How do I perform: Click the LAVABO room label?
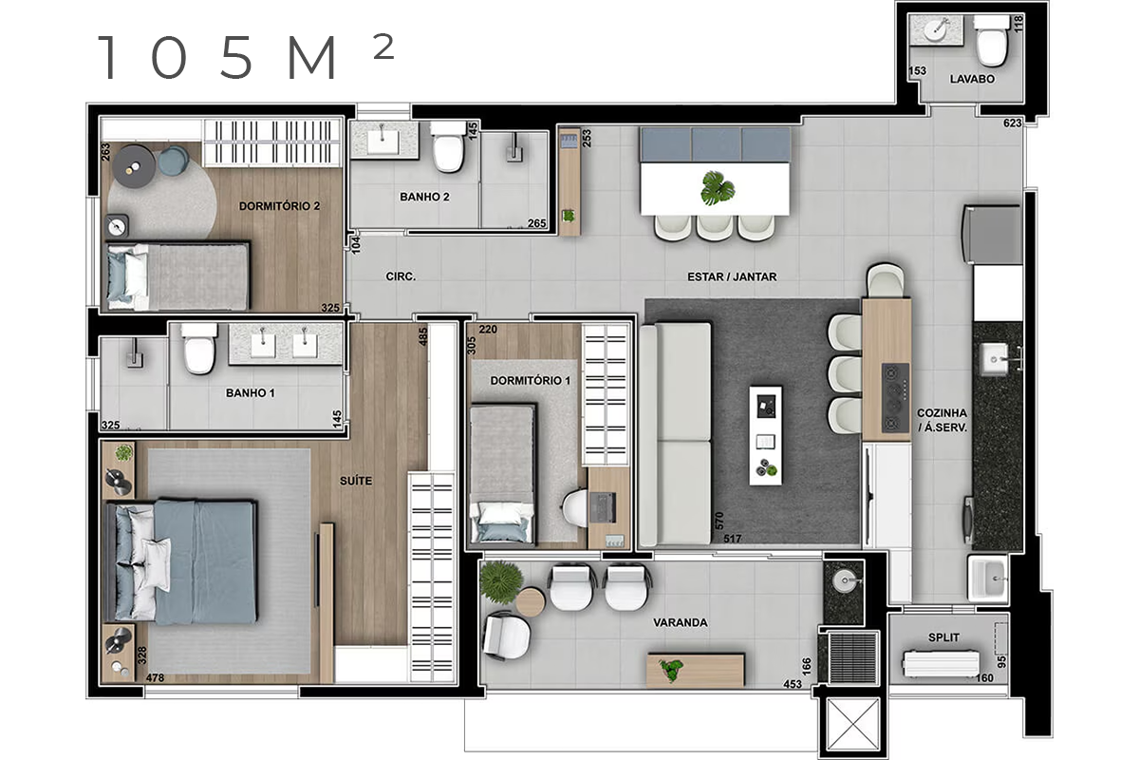coord(972,79)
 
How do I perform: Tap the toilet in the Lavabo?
coord(991,41)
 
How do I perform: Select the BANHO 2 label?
coord(424,197)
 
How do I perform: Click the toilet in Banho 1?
coord(198,349)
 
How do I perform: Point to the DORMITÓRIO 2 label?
coord(279,205)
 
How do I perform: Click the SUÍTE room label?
coord(356,481)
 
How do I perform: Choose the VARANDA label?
coord(681,622)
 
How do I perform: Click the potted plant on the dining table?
coord(718,187)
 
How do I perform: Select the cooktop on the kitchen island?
coord(895,397)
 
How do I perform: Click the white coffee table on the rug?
coord(765,435)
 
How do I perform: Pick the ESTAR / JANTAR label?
coord(732,276)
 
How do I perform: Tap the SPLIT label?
coord(943,637)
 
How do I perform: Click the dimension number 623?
coord(1013,123)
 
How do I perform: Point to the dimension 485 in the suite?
coord(423,336)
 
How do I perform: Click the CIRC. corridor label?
coord(401,276)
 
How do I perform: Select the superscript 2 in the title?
coord(383,47)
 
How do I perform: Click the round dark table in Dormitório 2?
coord(134,166)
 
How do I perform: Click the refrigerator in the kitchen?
coord(992,235)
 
